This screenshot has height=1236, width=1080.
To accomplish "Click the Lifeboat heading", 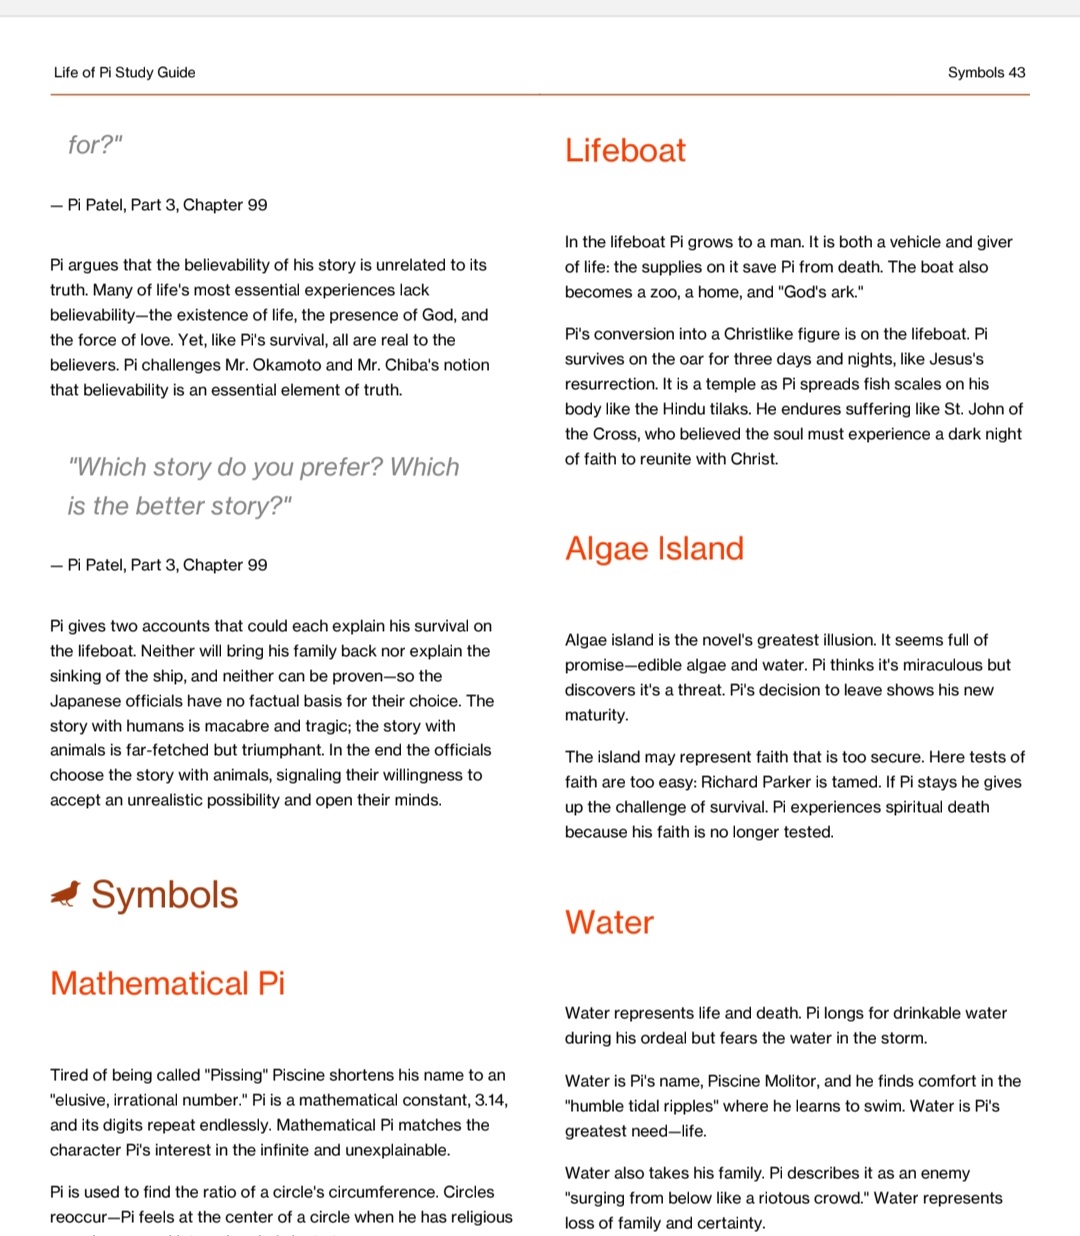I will point(625,150).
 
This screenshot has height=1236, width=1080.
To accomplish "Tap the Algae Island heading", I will point(654,548).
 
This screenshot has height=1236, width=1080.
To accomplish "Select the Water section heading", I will point(609,922).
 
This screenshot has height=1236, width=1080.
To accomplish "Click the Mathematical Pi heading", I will point(167,983).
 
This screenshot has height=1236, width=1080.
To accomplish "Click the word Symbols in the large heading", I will point(165,894).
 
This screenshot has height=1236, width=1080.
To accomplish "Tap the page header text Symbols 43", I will point(986,72).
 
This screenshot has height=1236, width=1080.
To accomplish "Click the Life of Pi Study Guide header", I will point(124,72).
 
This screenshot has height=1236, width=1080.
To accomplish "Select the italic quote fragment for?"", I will point(95,145).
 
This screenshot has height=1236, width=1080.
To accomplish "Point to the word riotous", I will point(733,1198).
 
